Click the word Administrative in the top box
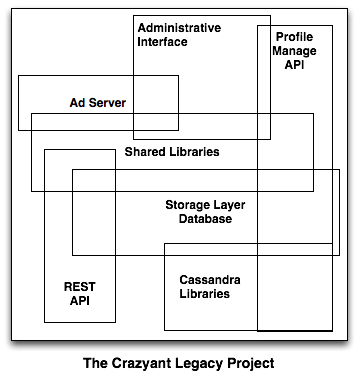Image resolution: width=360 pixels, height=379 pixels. pos(179,27)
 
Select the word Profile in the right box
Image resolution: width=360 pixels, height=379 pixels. pos(294,37)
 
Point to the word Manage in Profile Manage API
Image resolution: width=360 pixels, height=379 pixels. pos(295,51)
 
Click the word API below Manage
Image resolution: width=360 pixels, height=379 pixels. pos(294,65)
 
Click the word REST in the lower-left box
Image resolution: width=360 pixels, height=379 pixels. pos(78,285)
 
